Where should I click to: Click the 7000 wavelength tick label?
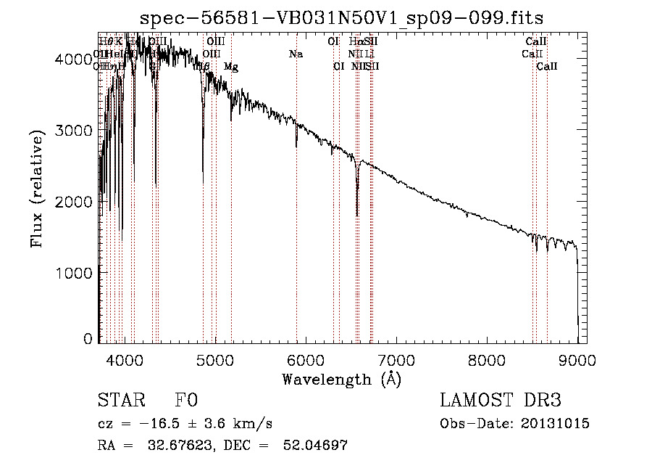(x=397, y=359)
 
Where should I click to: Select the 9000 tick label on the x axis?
(x=578, y=359)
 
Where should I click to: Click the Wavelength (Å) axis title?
(x=341, y=379)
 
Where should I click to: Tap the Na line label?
(x=296, y=54)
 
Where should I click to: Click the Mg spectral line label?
(x=230, y=67)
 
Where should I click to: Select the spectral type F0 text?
(x=186, y=401)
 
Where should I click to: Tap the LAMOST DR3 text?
(x=500, y=401)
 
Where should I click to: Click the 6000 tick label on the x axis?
(x=306, y=359)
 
